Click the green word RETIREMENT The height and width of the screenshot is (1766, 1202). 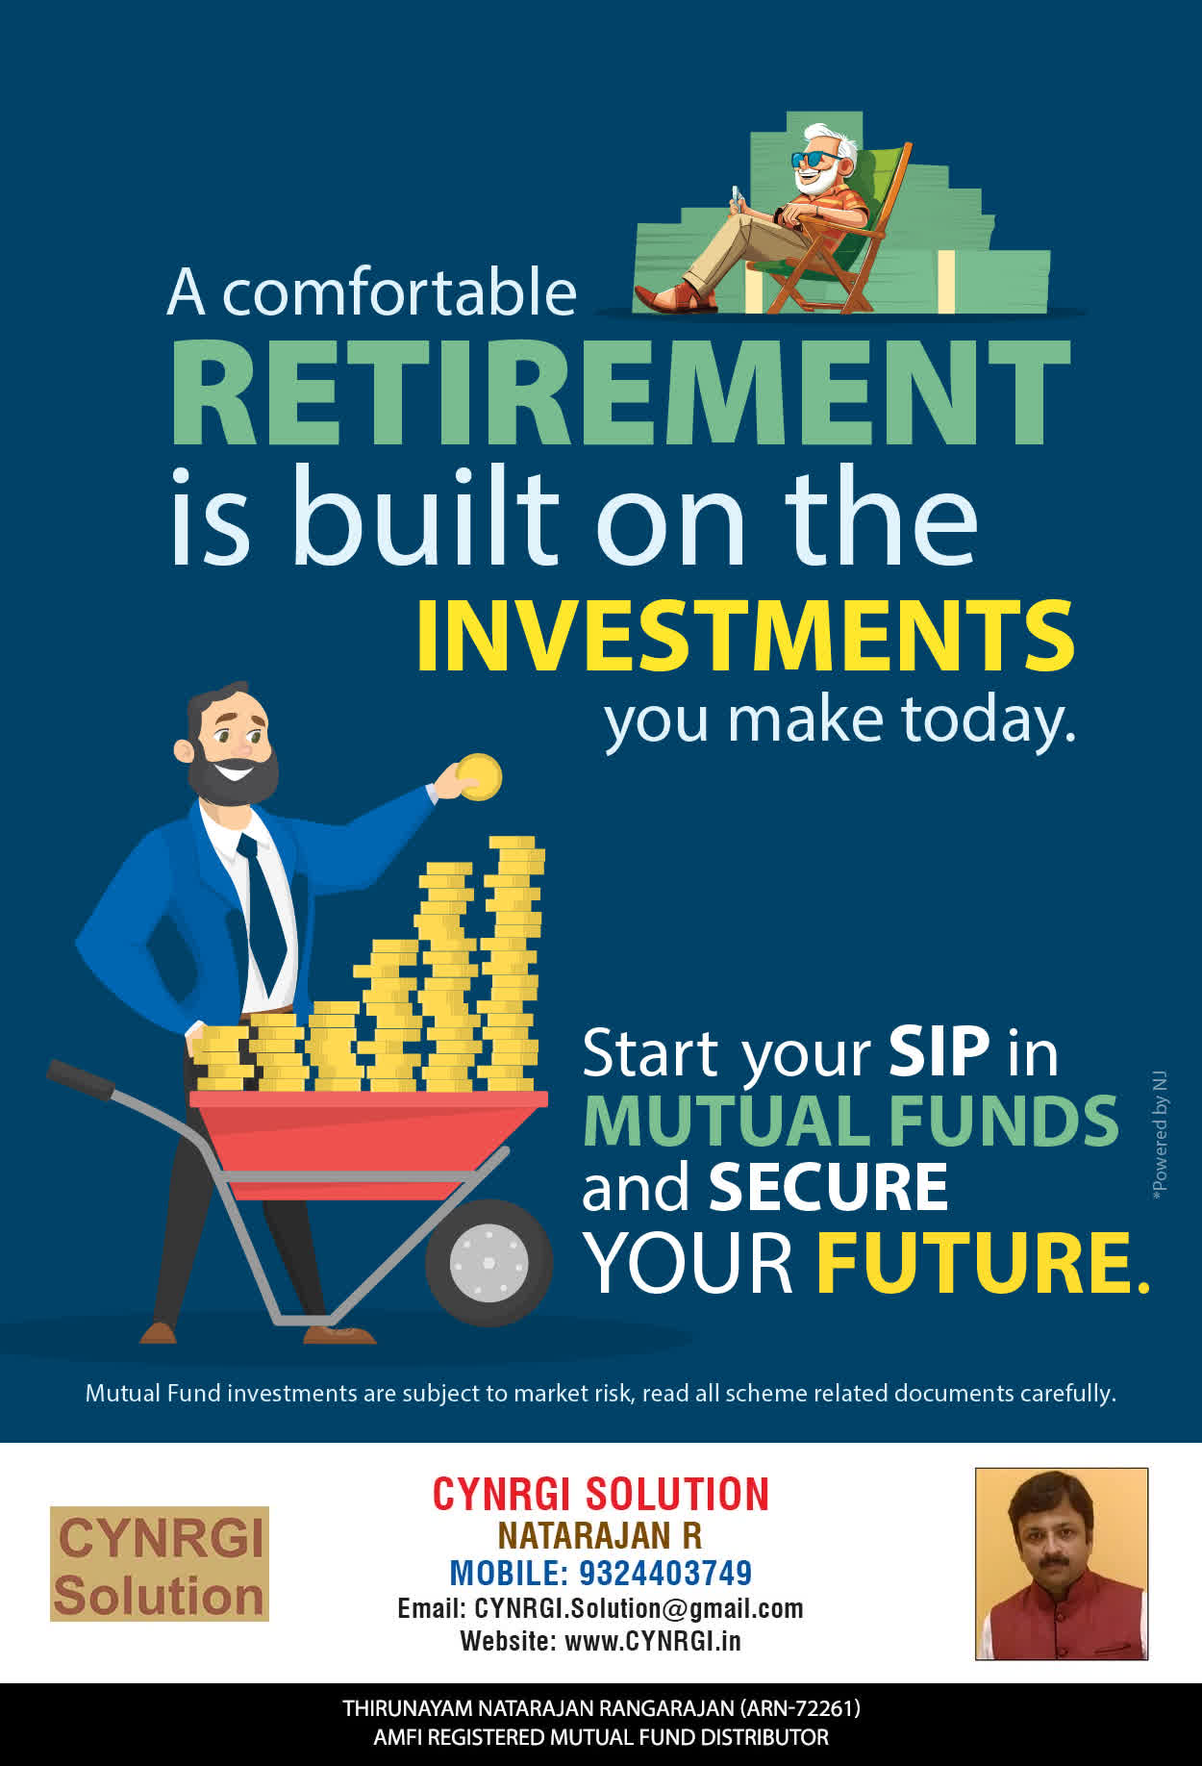[x=620, y=393]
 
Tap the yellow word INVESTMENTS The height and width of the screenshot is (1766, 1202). [x=745, y=636]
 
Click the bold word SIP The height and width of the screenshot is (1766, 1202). [x=939, y=1051]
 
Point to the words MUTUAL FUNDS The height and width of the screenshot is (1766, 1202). [x=850, y=1121]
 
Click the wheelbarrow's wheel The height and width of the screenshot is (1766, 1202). [x=488, y=1262]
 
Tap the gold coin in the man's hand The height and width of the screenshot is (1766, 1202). [x=479, y=777]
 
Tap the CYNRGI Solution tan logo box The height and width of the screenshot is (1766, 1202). [x=160, y=1563]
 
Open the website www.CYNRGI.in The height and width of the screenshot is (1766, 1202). [x=653, y=1640]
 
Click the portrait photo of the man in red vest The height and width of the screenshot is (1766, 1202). [x=1062, y=1563]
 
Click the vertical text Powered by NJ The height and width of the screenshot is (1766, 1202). [x=1160, y=1134]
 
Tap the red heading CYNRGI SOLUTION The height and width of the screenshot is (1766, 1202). [x=601, y=1495]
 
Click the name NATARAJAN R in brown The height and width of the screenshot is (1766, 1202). [x=600, y=1535]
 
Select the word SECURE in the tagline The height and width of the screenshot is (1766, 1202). [x=828, y=1187]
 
